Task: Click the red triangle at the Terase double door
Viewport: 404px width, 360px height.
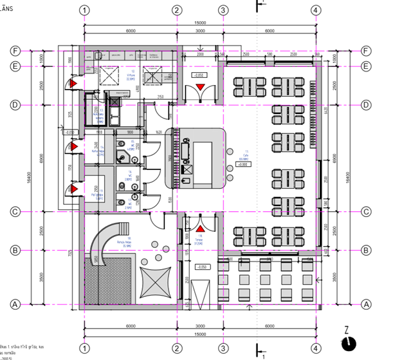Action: click(x=200, y=228)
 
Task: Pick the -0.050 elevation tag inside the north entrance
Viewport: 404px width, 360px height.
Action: click(x=198, y=75)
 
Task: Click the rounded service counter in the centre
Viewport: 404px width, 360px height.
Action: click(x=197, y=158)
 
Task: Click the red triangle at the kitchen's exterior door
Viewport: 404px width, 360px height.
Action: click(x=75, y=84)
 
